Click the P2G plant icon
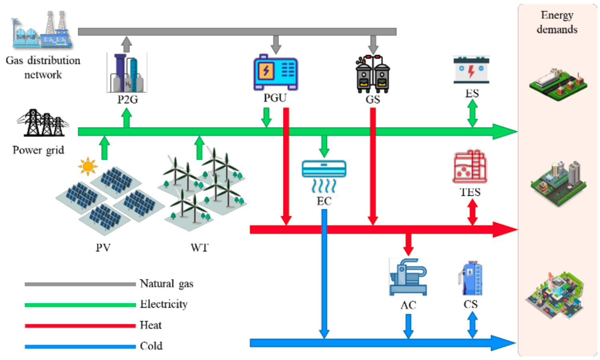[126, 73]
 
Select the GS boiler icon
[373, 74]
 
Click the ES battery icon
[471, 70]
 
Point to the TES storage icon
[470, 167]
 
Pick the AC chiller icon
[408, 277]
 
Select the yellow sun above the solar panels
[87, 166]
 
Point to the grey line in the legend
[80, 284]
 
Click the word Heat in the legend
[150, 325]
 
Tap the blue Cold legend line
[80, 346]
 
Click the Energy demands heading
[557, 22]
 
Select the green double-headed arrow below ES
[472, 113]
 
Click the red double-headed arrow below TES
[472, 212]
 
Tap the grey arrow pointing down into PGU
[276, 44]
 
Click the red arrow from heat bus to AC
[408, 244]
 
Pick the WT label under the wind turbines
[199, 248]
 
